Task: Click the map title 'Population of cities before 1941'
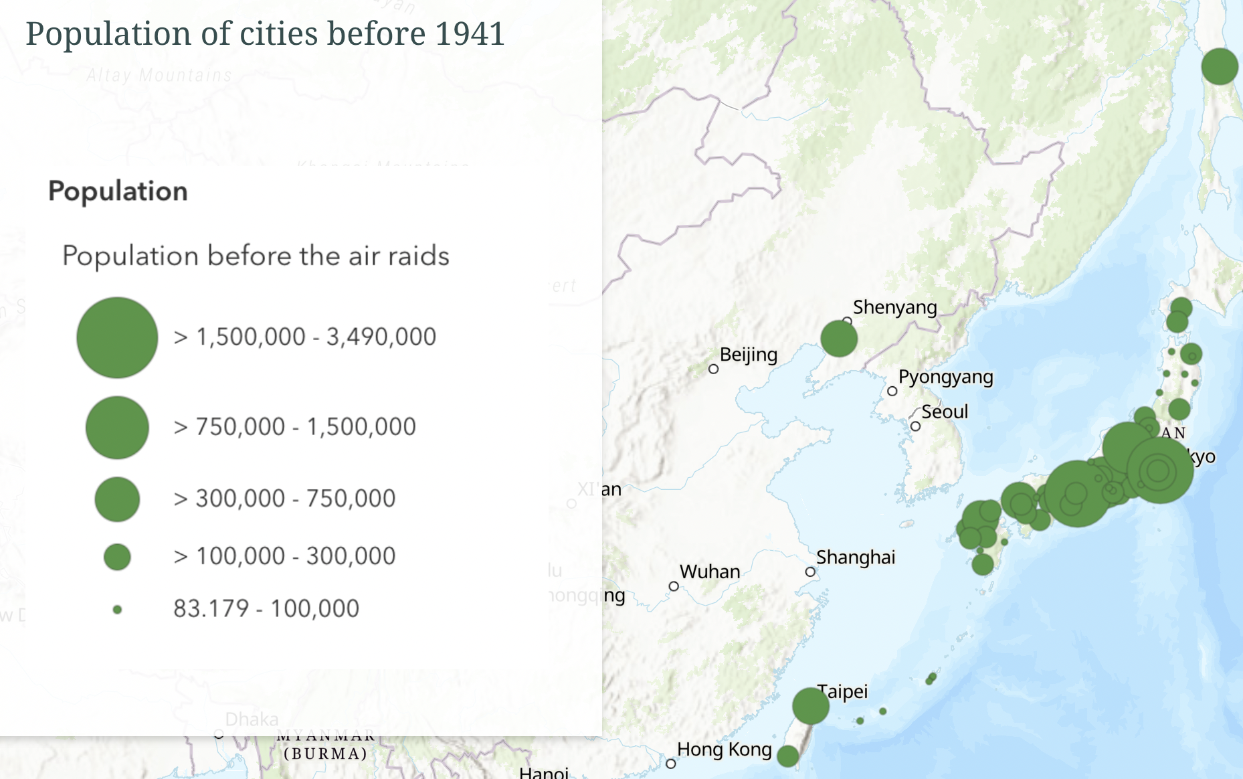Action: (265, 33)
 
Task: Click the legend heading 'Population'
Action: (118, 191)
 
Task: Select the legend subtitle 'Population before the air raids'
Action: (256, 256)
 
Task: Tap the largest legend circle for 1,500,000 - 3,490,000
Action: (117, 337)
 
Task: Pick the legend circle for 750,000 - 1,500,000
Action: (117, 428)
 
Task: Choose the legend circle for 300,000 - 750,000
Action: (117, 499)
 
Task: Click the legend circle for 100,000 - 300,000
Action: (117, 557)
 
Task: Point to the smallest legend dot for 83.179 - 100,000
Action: (117, 610)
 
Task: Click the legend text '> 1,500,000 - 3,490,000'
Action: (304, 337)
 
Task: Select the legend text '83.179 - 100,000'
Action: (266, 608)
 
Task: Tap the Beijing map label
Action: (749, 355)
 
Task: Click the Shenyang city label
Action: (894, 307)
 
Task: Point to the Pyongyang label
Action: (945, 377)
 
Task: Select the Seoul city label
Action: (945, 412)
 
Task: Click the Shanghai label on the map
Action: (856, 557)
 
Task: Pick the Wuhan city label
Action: (710, 572)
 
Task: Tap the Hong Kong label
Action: (725, 750)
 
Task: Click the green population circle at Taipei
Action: (811, 705)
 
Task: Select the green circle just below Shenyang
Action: (839, 338)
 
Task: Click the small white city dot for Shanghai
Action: (810, 572)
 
